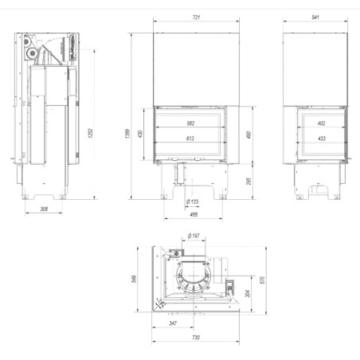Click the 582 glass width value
[x=190, y=123]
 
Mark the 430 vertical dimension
[x=141, y=132]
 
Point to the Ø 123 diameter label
[x=192, y=202]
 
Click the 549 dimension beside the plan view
[x=137, y=278]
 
